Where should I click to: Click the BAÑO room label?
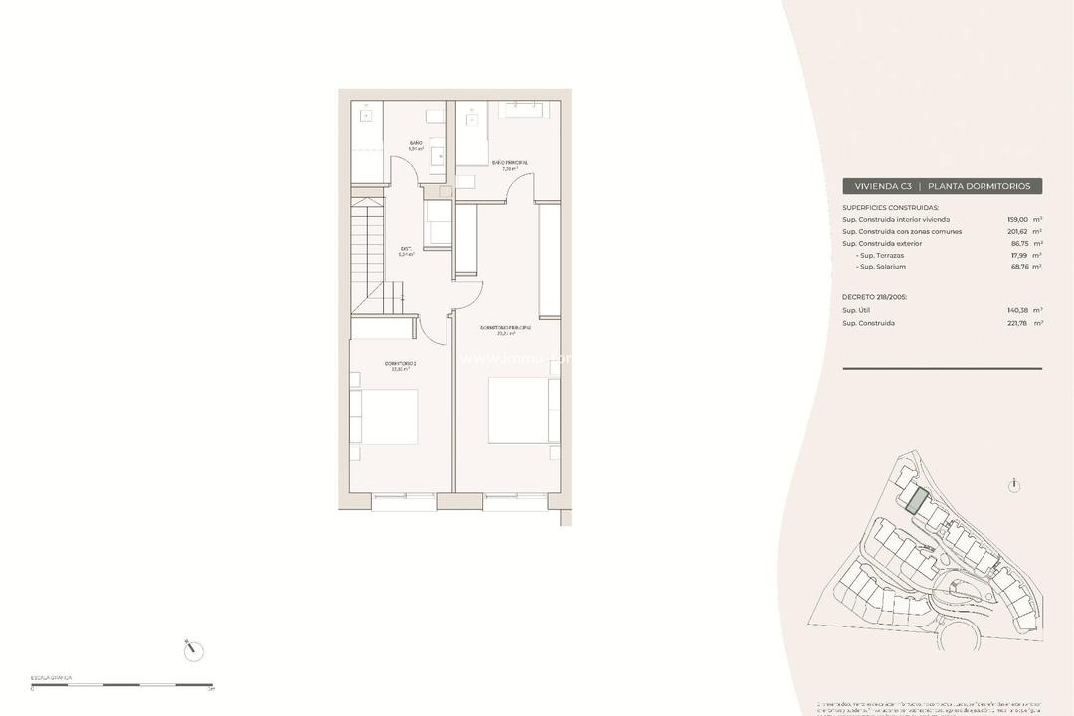[x=415, y=144]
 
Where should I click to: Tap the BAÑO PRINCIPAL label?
[x=509, y=163]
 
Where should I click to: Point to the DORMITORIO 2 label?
[x=400, y=365]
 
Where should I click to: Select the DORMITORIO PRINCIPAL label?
[x=505, y=328]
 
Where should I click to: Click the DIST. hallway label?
[x=406, y=250]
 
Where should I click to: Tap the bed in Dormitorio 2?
[x=387, y=417]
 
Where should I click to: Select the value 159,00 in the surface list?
[x=1019, y=219]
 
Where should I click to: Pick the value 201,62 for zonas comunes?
[x=1019, y=231]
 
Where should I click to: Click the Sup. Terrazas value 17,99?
[x=1019, y=255]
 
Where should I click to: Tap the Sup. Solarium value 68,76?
[x=1019, y=267]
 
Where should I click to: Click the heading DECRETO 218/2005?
[x=875, y=296]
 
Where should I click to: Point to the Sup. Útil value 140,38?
[x=1019, y=310]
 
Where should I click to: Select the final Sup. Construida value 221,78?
[x=1019, y=323]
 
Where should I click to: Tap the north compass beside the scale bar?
[x=195, y=651]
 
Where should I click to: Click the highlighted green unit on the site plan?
[x=917, y=500]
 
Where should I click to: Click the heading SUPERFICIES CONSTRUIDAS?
[x=890, y=207]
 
